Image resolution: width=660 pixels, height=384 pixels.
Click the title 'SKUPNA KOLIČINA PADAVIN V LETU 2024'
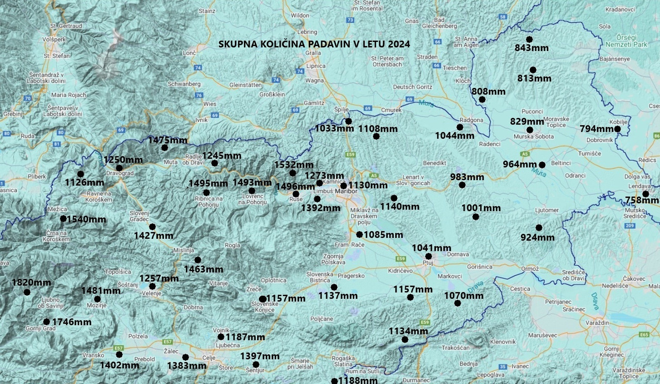tap(314, 44)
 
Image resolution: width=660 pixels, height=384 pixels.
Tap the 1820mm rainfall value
tap(31, 282)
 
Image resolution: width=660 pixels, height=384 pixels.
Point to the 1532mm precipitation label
tap(293, 165)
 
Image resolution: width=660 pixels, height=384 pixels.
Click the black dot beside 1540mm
tap(63, 218)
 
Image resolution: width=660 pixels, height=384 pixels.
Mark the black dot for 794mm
tap(617, 129)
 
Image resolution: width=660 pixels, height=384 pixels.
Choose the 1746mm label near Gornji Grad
tap(72, 322)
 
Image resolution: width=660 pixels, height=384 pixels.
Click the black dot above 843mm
tap(529, 39)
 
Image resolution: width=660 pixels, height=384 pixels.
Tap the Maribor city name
tap(346, 191)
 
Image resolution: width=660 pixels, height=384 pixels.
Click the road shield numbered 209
tap(629, 226)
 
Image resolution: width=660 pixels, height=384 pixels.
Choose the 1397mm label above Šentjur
tap(260, 356)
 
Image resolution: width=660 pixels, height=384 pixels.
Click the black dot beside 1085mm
tap(359, 234)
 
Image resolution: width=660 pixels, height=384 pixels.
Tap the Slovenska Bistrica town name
tap(320, 277)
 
